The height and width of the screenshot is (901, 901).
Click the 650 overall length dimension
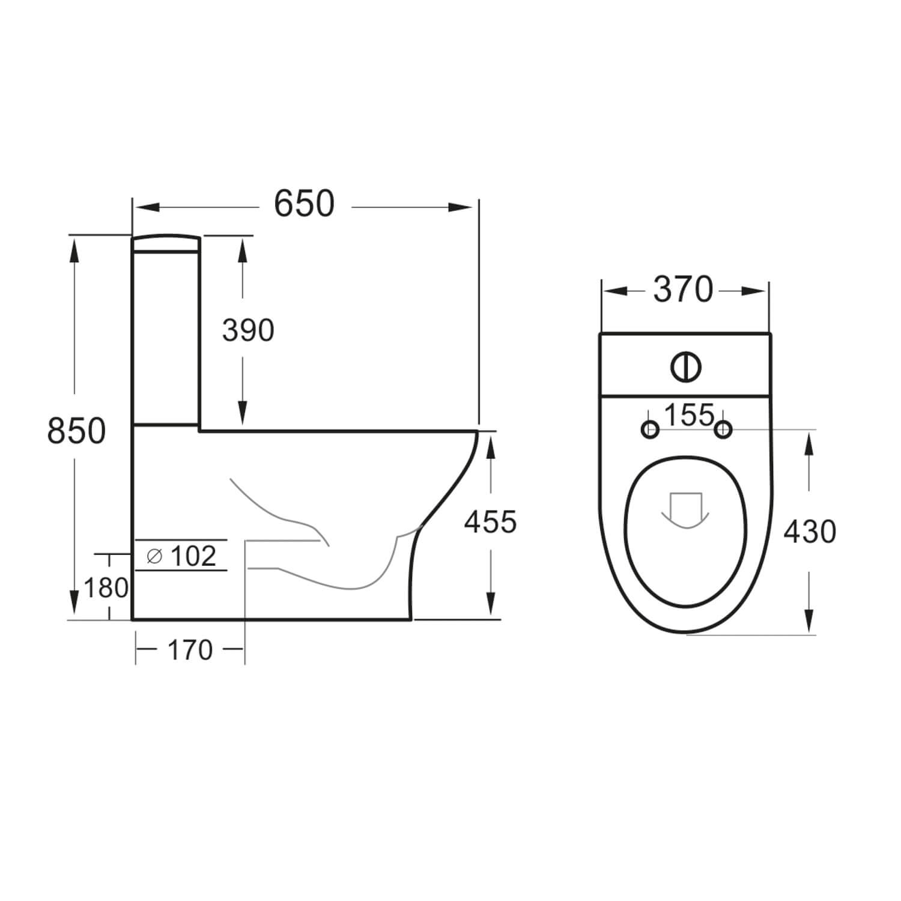click(304, 204)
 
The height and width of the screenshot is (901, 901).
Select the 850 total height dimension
click(76, 431)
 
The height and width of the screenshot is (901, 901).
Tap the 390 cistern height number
click(248, 330)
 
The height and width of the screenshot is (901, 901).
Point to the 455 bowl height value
click(490, 521)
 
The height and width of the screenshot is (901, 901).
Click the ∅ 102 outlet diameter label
click(181, 556)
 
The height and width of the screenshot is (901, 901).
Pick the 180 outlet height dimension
click(106, 588)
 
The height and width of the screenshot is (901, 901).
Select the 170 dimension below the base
click(190, 650)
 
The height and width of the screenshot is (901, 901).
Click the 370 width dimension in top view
click(683, 290)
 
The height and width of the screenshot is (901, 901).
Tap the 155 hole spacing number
click(689, 415)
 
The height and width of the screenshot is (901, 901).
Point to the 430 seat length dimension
click(809, 532)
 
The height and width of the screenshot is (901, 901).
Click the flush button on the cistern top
click(685, 366)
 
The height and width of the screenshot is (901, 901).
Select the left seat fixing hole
click(650, 429)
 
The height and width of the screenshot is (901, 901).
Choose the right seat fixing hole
click(724, 429)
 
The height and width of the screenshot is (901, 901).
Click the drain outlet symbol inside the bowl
click(685, 510)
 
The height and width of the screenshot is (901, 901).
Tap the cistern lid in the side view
click(166, 243)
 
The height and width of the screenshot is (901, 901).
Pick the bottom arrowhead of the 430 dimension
click(809, 619)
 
